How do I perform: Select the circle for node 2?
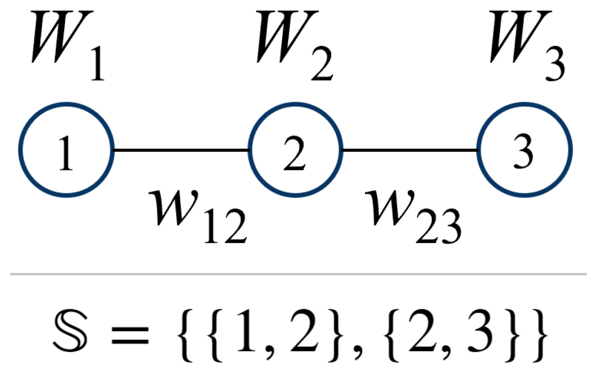click(294, 150)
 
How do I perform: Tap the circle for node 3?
click(524, 150)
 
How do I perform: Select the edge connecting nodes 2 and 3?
click(409, 150)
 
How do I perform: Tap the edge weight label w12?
click(197, 215)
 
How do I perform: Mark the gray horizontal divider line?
click(298, 275)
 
